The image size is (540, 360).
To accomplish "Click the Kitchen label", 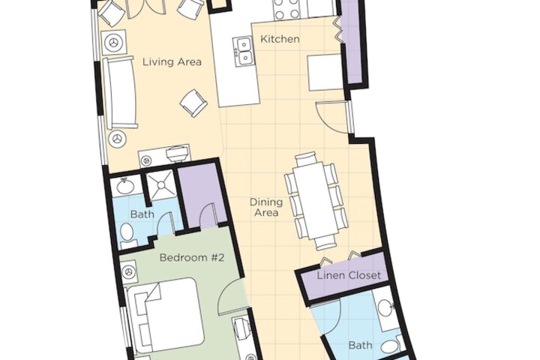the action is [x=280, y=39].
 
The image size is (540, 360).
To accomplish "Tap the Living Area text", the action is [x=172, y=62].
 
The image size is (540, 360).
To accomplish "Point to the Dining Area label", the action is [x=265, y=207].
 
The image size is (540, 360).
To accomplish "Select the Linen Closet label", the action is [x=349, y=275].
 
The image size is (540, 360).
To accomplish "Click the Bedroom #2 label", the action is [x=192, y=257].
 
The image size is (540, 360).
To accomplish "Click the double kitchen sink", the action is [x=244, y=51].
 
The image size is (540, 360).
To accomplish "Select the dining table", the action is [x=313, y=201].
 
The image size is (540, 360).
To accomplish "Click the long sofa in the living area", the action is [x=119, y=92].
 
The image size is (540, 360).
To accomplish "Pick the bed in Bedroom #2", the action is [x=165, y=316].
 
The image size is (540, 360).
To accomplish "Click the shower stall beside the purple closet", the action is [x=161, y=184].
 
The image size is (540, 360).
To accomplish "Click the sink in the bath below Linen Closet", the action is [x=386, y=307].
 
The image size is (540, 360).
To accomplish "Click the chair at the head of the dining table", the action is [x=305, y=158].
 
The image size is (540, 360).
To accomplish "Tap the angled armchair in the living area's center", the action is [x=194, y=103].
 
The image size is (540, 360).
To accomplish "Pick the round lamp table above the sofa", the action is [x=114, y=42].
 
